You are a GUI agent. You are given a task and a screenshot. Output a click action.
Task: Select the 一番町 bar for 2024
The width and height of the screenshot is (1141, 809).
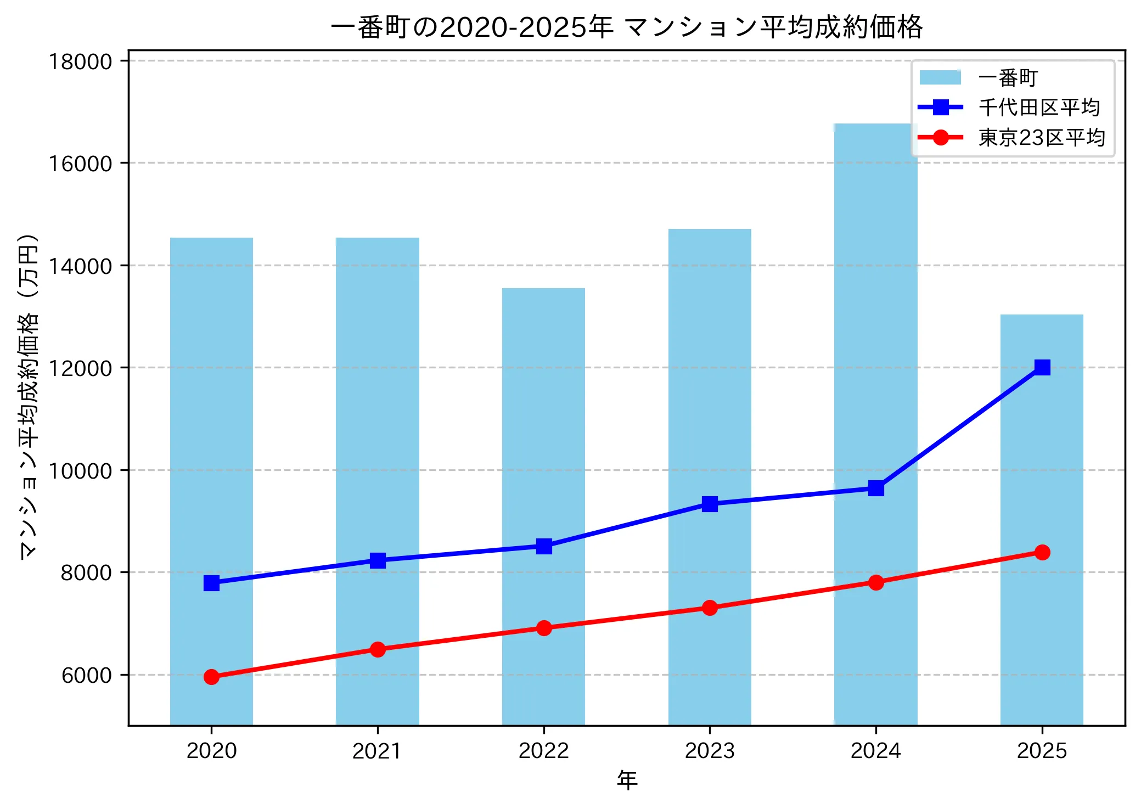(x=875, y=329)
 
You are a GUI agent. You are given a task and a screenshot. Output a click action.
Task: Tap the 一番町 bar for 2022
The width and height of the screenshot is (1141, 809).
(x=543, y=439)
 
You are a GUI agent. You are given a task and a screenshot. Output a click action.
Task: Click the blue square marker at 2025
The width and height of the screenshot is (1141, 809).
(x=1042, y=367)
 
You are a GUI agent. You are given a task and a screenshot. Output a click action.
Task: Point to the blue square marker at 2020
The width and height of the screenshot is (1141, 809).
(x=211, y=583)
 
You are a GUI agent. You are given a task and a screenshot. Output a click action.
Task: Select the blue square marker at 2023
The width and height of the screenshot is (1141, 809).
(x=710, y=504)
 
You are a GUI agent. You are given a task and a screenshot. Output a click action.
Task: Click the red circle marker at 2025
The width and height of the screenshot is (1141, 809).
(x=1042, y=552)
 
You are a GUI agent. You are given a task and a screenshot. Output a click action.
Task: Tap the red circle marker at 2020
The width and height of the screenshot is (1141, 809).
(x=211, y=677)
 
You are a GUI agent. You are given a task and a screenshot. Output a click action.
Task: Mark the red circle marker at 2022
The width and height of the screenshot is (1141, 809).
(x=543, y=628)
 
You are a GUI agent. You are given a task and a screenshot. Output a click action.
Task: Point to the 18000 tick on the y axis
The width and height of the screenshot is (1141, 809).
(x=80, y=61)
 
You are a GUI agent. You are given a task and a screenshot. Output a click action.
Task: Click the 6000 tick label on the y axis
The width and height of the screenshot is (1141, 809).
(x=86, y=675)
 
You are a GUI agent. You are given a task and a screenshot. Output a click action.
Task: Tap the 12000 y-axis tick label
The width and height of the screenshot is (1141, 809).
(x=80, y=368)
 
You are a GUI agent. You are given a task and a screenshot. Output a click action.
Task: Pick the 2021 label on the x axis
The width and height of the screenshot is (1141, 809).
(x=377, y=751)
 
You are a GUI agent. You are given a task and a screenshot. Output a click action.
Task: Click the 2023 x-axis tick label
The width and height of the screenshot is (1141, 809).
(x=710, y=751)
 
